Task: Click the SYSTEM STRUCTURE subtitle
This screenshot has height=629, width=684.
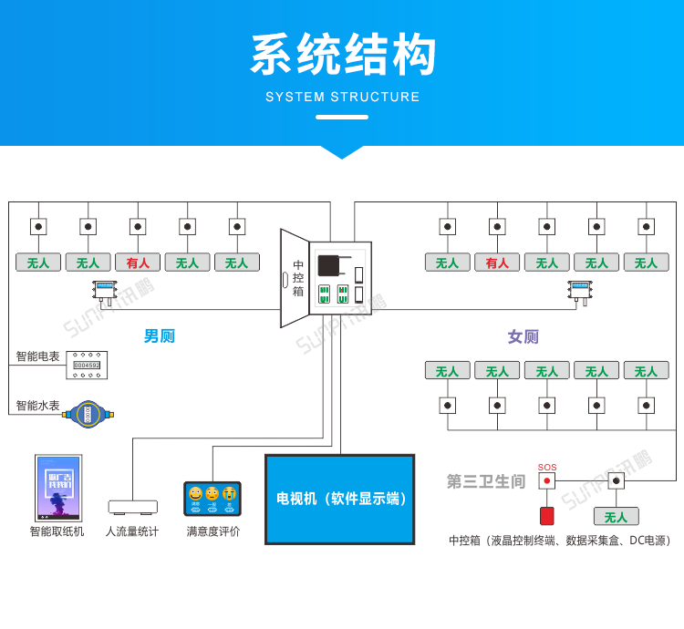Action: click(x=343, y=97)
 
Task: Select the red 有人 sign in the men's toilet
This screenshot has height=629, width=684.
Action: click(x=138, y=263)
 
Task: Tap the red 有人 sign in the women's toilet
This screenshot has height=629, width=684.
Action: click(x=497, y=263)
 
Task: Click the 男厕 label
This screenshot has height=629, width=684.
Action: click(x=159, y=336)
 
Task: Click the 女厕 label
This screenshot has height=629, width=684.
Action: click(x=523, y=336)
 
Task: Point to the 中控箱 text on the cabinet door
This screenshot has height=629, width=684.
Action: click(x=297, y=278)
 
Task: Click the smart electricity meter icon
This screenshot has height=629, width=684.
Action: click(x=87, y=365)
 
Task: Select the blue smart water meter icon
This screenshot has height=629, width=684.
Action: click(x=88, y=414)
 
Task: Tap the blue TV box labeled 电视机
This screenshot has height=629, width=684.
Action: click(x=340, y=499)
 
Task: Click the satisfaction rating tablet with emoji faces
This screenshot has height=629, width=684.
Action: click(x=212, y=498)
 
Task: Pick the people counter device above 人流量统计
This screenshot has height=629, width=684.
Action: click(x=132, y=506)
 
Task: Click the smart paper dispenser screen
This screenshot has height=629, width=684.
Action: click(x=58, y=488)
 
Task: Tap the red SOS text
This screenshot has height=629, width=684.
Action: click(x=546, y=468)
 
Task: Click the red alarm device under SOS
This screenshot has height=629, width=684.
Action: click(x=546, y=516)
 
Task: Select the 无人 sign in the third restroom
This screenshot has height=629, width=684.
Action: click(x=616, y=517)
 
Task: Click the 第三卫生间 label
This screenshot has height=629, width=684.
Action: click(x=485, y=481)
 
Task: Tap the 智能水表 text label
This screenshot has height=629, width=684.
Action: click(x=37, y=406)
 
